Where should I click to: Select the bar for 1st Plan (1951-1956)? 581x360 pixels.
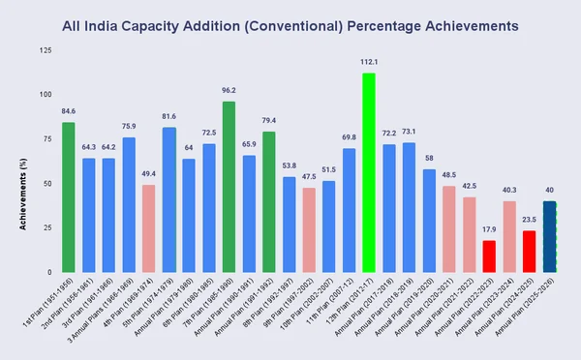[x=69, y=196]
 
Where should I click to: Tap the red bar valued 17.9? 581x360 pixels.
[x=489, y=256]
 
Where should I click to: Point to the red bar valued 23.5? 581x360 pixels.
[x=529, y=252]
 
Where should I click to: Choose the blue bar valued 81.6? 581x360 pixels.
[x=168, y=199]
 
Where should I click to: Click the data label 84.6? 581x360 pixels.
[x=69, y=111]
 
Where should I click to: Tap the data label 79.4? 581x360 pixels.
[x=268, y=121]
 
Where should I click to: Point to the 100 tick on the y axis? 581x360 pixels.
[x=46, y=95]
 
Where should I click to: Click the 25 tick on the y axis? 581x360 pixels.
[x=48, y=228]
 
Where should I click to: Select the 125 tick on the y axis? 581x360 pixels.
[x=46, y=50]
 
